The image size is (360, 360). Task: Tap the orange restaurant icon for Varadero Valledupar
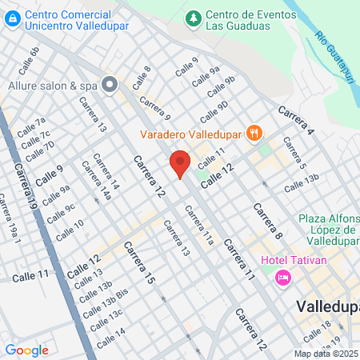254,133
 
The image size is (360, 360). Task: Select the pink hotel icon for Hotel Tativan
282,277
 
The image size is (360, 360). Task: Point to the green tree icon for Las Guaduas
193,17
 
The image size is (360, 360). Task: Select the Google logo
26,350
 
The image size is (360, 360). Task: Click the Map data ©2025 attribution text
326,354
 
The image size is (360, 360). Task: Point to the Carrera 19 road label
25,187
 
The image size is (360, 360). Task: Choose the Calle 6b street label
32,56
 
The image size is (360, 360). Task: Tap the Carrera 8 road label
267,222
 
